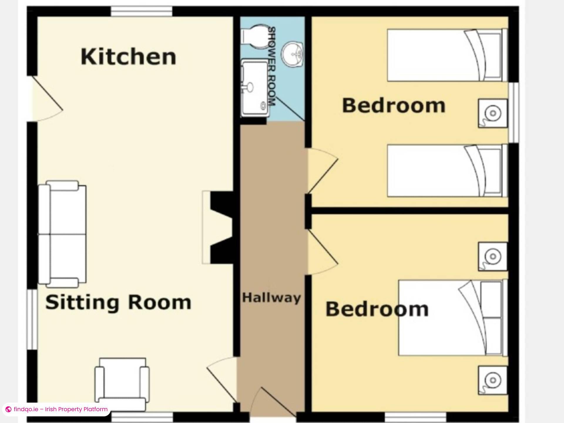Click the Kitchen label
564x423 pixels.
(x=128, y=57)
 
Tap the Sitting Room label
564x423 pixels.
(x=118, y=302)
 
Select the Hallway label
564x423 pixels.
(x=271, y=298)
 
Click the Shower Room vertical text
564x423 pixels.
(x=272, y=66)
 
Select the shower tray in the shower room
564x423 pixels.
(x=254, y=88)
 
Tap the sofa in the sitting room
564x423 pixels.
(x=62, y=234)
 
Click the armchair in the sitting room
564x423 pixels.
(x=122, y=384)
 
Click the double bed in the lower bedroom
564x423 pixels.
(x=453, y=318)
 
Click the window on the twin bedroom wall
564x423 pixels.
(x=514, y=113)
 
